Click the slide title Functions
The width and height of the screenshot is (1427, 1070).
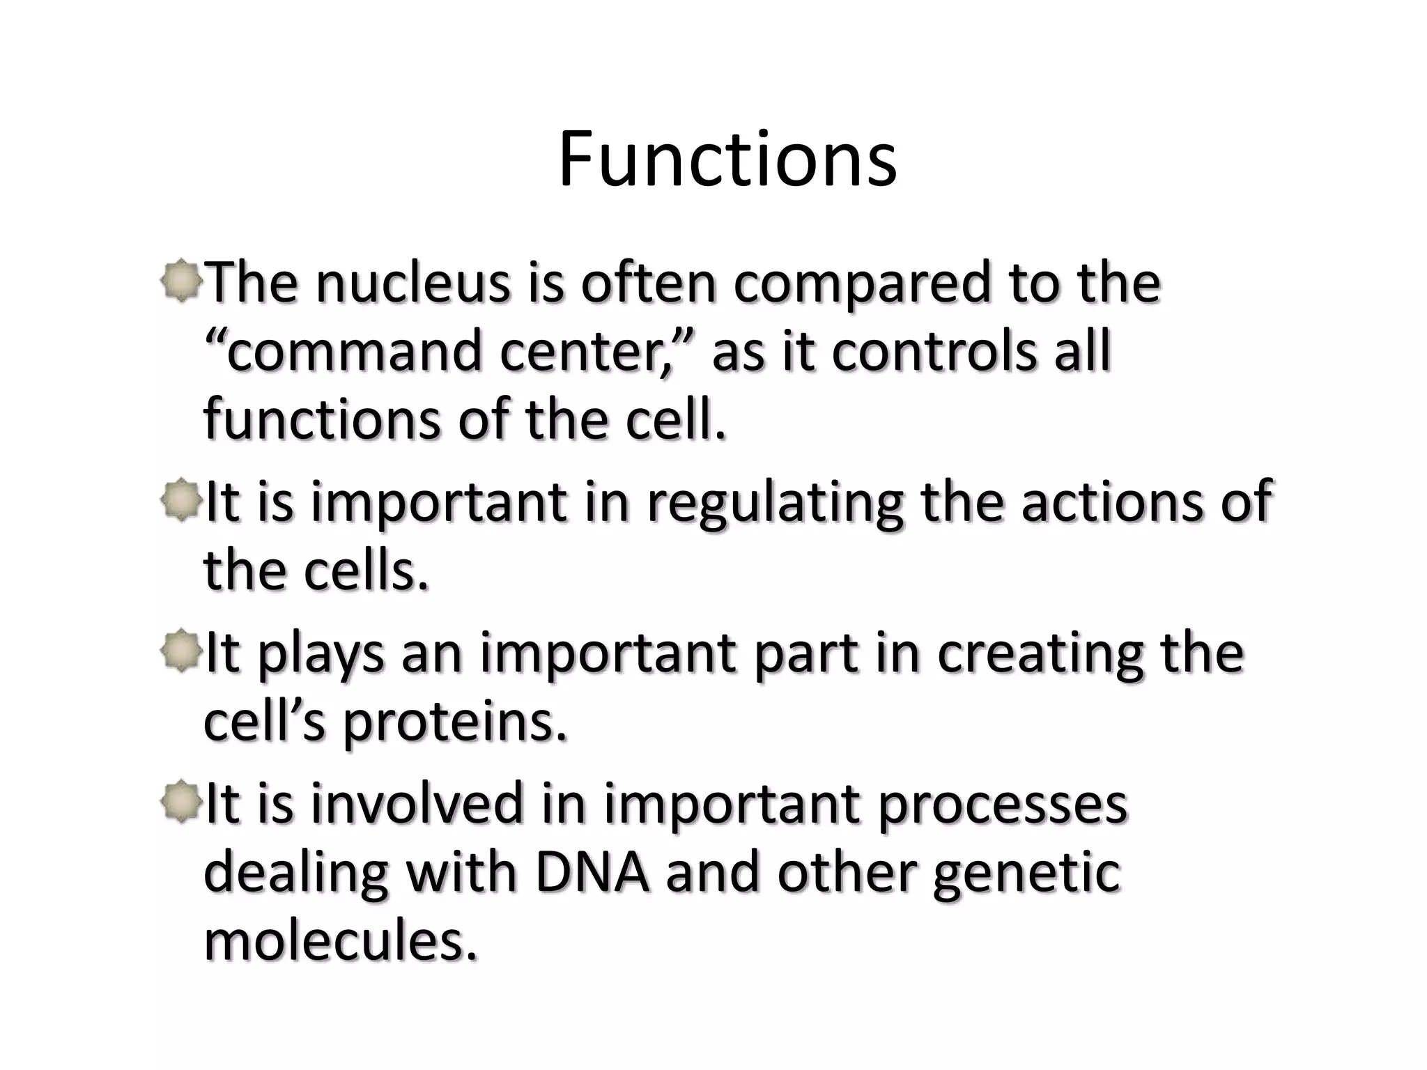click(x=727, y=160)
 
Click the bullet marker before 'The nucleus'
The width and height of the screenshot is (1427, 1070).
click(x=181, y=281)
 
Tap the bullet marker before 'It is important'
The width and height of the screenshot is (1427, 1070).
click(x=181, y=499)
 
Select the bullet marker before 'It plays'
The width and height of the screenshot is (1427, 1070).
click(x=181, y=651)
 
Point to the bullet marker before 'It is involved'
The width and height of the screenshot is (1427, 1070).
click(x=181, y=801)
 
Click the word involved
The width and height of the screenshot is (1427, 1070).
click(x=416, y=802)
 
